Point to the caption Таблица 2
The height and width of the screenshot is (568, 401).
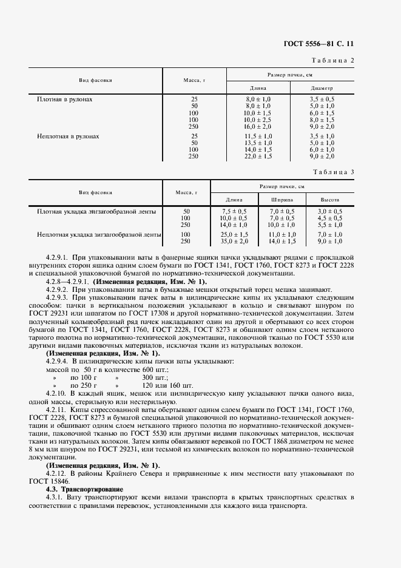coord(333,59)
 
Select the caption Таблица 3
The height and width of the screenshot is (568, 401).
coord(333,173)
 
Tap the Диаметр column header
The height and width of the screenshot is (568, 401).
coord(322,89)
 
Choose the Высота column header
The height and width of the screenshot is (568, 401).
coord(330,199)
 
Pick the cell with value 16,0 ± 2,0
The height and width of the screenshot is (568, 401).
coord(257,126)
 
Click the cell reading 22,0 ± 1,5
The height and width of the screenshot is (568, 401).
coord(257,156)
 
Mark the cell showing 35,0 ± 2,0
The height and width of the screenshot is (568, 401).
coord(234,241)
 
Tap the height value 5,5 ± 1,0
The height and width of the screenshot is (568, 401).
coord(330,225)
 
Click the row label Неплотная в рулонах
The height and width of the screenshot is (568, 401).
coord(67,137)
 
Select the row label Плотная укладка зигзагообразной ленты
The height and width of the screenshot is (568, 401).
coord(96,211)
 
